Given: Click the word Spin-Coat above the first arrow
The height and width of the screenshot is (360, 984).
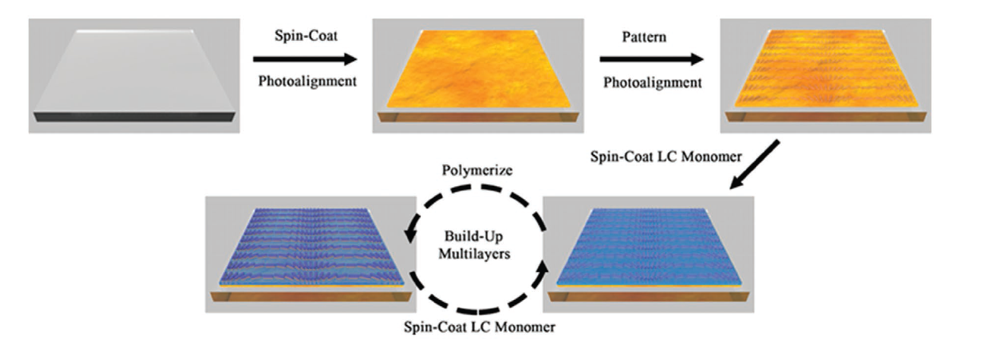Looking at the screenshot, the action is tap(306, 36).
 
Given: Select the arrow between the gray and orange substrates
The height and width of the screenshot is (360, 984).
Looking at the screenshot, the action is tap(305, 58).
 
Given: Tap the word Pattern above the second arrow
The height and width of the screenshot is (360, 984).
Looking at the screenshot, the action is tap(644, 37).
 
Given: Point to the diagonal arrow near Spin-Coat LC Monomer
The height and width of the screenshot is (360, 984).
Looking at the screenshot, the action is tap(755, 165).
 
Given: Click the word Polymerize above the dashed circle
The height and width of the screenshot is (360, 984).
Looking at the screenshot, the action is tap(477, 170).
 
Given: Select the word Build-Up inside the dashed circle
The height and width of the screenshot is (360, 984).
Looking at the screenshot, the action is tap(473, 236).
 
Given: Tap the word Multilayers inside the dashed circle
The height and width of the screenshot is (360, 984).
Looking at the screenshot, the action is tap(474, 254).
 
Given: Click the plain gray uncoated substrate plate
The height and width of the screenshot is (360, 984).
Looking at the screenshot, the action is tap(134, 75).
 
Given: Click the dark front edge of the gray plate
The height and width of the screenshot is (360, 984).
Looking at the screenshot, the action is tap(134, 117).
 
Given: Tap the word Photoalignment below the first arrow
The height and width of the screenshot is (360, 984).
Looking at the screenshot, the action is tap(307, 81).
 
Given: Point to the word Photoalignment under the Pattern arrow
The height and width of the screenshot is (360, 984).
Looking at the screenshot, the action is tap(653, 83).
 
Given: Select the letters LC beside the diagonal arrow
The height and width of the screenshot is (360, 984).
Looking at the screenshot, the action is tap(668, 156).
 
